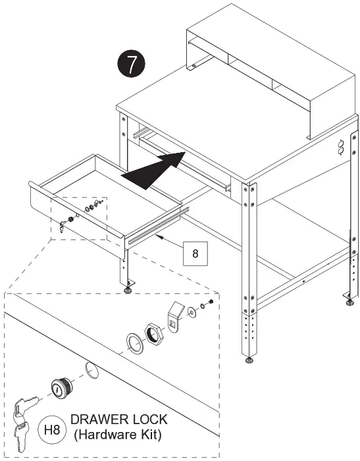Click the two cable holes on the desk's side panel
(340, 147)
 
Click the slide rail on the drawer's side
(155, 225)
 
